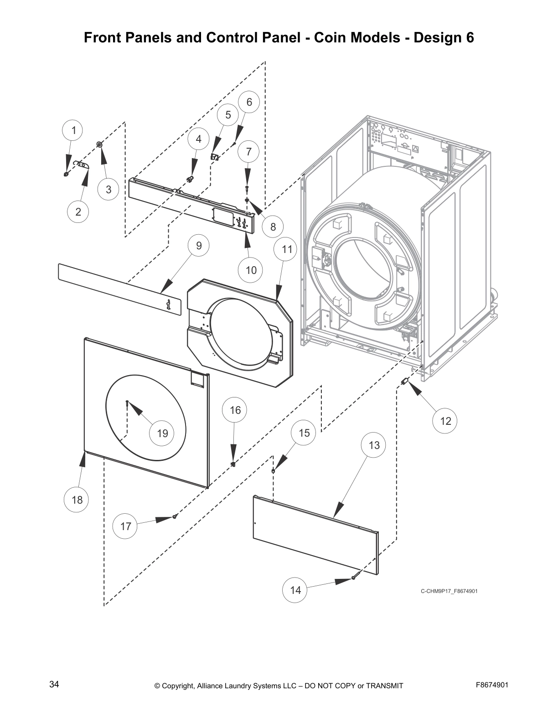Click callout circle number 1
[73, 130]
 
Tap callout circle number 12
[445, 421]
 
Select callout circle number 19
[162, 433]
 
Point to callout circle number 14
[295, 590]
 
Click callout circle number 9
[199, 246]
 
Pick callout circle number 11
[286, 249]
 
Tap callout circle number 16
[235, 410]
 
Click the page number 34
[54, 684]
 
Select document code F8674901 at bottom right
[492, 685]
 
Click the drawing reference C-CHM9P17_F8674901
[449, 591]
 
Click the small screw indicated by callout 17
[175, 516]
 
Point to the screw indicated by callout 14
[353, 578]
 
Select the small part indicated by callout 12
[403, 381]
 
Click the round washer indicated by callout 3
[99, 144]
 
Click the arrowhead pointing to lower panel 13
[338, 510]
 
